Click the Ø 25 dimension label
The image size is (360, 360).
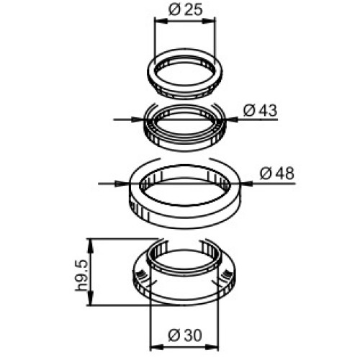click(x=186, y=10)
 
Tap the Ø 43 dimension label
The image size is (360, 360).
click(x=260, y=111)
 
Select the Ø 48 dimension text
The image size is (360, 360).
click(x=276, y=174)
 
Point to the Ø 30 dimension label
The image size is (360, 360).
click(x=185, y=336)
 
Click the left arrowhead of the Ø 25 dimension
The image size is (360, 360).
click(x=161, y=21)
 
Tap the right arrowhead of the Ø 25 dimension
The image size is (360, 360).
click(x=209, y=21)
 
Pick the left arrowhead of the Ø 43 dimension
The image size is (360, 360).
click(x=138, y=119)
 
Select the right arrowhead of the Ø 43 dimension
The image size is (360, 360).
click(x=232, y=119)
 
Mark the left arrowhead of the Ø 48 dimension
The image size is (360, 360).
click(x=122, y=184)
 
